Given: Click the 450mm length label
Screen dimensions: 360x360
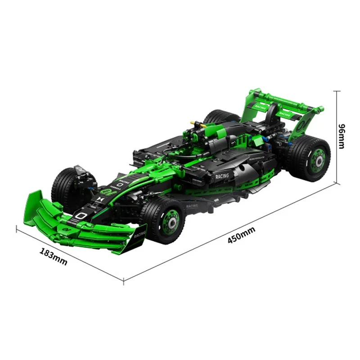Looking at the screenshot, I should [x=241, y=235].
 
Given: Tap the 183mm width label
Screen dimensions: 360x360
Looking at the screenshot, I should [x=53, y=256].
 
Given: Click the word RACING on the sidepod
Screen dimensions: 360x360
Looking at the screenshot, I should [x=221, y=176].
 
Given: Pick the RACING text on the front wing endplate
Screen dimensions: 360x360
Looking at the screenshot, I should [x=139, y=234].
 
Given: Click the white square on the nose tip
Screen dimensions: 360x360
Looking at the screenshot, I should [x=81, y=216].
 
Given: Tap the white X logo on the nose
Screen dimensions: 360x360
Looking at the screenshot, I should [x=100, y=198].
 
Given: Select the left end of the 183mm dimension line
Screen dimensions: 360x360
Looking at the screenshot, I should [x=17, y=229].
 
